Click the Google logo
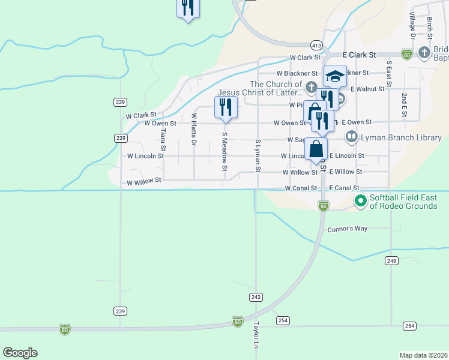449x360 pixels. click(20, 353)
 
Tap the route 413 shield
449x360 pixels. click(316, 45)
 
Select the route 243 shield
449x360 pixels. click(256, 297)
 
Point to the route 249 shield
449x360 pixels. click(392, 260)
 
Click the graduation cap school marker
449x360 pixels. click(335, 76)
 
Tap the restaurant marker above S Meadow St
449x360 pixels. click(226, 107)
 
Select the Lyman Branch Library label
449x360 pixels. click(400, 137)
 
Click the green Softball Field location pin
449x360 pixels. click(360, 200)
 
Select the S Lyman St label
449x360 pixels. click(258, 155)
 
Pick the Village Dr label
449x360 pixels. click(412, 26)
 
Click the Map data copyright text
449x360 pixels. click(424, 355)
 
